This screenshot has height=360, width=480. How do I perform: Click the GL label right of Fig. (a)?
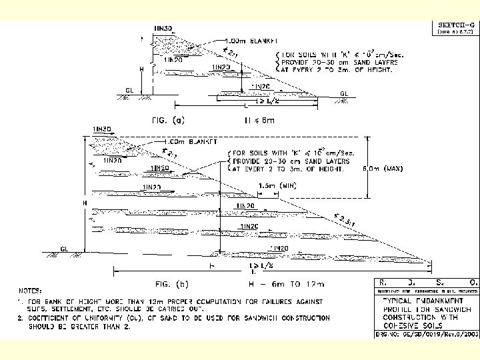point(344,93)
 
